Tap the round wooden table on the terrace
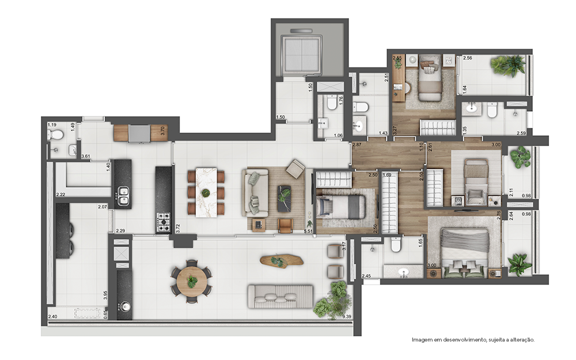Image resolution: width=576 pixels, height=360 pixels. point(191,281)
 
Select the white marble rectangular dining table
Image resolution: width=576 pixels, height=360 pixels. point(206,192)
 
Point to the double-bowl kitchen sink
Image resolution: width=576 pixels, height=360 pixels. point(123,195)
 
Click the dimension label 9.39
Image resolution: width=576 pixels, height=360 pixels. point(347,316)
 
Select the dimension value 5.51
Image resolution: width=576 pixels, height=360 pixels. point(309,232)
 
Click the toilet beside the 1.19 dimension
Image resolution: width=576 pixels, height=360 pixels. point(56,135)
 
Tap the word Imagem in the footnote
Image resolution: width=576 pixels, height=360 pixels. point(421,340)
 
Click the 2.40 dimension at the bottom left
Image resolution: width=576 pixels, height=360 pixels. point(52,316)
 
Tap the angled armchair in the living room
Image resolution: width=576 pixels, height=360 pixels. point(295,169)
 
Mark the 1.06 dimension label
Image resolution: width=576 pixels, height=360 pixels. point(338,136)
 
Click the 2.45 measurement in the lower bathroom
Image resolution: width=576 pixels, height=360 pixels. point(366,276)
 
